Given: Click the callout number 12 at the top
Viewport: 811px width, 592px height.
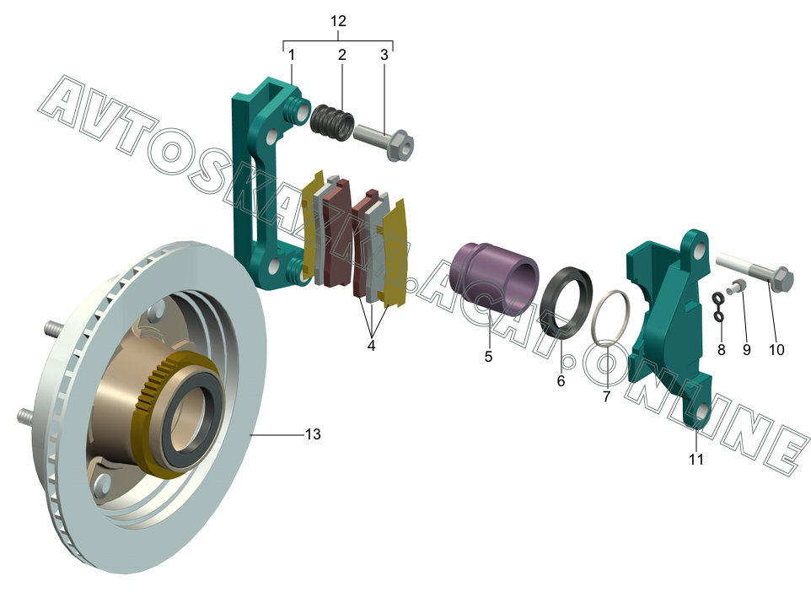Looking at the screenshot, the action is pos(338,21).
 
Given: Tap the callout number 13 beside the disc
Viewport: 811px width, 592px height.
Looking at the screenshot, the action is pos(313,434).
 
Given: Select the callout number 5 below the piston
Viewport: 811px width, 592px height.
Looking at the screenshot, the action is pos(488,357).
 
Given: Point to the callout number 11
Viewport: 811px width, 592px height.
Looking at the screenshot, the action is pos(696,459).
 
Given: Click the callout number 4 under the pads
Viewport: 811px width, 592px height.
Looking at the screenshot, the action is pos(372,345).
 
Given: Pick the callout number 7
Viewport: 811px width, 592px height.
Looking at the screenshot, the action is pos(607,396).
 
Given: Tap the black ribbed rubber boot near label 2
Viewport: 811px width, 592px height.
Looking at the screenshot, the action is pos(332,122).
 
